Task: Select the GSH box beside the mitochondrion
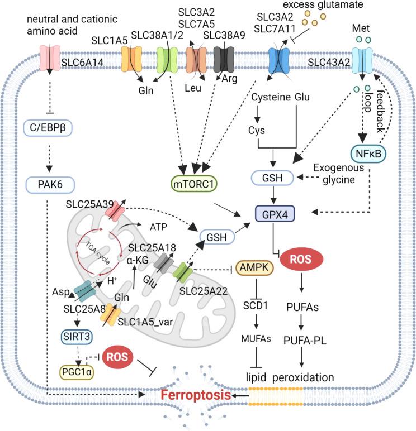[x=212, y=238]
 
